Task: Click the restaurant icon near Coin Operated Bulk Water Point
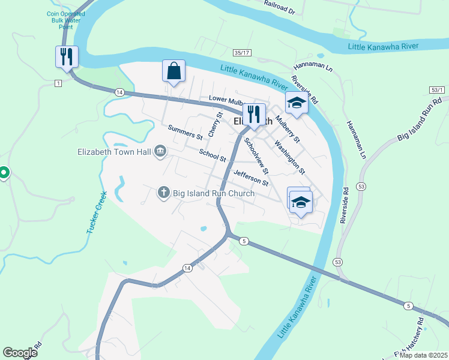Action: point(67,57)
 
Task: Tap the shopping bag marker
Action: point(173,71)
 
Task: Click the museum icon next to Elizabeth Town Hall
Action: point(160,151)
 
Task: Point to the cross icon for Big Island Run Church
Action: point(163,193)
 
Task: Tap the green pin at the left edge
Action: point(3,173)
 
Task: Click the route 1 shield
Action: point(58,82)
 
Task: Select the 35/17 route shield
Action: point(243,53)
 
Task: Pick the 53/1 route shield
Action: point(438,90)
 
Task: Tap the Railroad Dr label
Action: point(280,7)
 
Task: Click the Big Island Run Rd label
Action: point(415,122)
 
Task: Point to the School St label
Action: point(212,155)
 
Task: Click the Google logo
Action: point(20,353)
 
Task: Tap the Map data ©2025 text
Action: point(423,355)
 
